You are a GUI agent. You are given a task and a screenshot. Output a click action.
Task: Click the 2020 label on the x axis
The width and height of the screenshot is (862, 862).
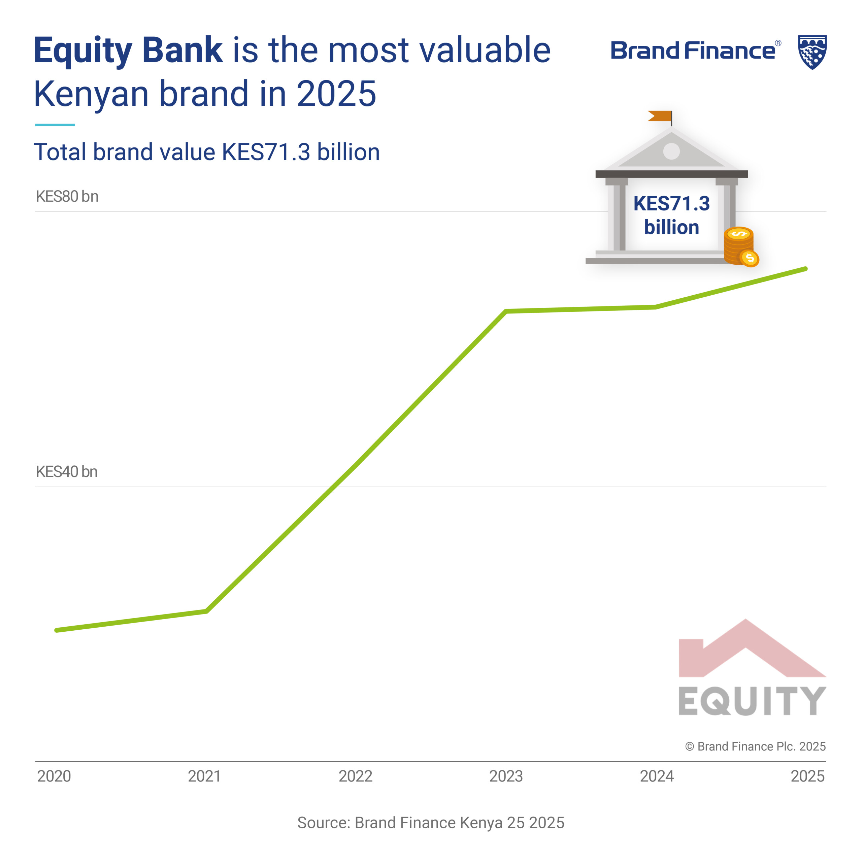[x=54, y=776]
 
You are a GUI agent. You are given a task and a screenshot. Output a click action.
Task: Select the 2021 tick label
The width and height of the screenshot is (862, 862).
[x=204, y=776]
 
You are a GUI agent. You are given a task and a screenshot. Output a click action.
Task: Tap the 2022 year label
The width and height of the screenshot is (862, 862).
[x=355, y=776]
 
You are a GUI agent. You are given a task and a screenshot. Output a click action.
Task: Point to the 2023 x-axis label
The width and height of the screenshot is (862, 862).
[x=506, y=776]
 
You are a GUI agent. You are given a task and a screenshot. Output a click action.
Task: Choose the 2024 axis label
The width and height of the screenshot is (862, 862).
[x=657, y=776]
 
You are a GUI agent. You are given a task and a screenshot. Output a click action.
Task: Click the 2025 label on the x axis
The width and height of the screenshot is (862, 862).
[x=807, y=776]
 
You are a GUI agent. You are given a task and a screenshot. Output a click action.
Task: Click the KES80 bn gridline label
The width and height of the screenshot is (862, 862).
[x=67, y=196]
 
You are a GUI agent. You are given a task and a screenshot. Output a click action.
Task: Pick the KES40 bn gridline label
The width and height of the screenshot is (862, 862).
[x=66, y=472]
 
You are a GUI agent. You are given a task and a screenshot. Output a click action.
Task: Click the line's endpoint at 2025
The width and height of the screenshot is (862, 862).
[x=806, y=269]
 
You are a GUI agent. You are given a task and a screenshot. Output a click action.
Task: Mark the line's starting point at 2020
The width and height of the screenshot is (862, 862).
[x=56, y=630]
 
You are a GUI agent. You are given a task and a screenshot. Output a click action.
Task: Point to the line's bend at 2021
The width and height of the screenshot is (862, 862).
[x=206, y=611]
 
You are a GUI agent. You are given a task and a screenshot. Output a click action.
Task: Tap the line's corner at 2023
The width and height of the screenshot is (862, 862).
[x=506, y=311]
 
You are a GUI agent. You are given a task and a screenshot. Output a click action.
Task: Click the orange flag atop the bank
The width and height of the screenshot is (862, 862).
[x=660, y=116]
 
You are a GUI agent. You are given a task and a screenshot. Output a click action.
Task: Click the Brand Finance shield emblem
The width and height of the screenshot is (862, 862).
[x=812, y=52]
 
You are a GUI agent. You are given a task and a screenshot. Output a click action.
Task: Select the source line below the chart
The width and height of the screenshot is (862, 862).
[x=431, y=822]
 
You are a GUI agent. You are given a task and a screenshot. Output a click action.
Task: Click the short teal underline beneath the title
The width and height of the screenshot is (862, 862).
[x=55, y=125]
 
